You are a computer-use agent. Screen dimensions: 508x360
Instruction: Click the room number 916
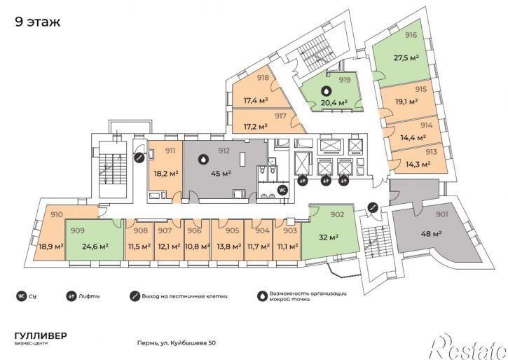click(411, 35)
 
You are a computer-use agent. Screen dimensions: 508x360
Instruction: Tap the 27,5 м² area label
click(406, 58)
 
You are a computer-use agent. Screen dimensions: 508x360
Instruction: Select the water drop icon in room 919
click(327, 92)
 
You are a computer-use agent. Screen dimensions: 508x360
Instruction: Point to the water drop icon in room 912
click(203, 159)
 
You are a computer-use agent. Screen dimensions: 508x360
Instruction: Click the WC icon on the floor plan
click(283, 190)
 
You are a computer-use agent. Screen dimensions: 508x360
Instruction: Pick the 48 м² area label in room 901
click(432, 233)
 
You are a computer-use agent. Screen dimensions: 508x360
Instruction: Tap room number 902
click(337, 214)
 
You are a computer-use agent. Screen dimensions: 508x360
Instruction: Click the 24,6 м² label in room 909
click(95, 247)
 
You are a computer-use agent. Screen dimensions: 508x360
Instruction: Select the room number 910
click(57, 214)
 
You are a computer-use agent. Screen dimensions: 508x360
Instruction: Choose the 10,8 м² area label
click(198, 247)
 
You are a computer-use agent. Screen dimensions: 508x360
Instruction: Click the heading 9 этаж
click(38, 22)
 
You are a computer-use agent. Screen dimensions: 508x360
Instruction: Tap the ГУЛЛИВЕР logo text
click(41, 335)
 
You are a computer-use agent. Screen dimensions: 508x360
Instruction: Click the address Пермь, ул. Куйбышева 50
click(177, 343)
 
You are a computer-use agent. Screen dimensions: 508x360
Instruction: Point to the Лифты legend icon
click(70, 296)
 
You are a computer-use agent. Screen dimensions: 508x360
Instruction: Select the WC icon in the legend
click(21, 296)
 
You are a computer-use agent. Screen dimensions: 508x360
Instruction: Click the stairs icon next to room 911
click(139, 158)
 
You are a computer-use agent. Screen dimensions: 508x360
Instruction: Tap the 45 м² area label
click(221, 174)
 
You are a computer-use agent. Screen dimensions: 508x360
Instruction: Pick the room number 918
click(263, 78)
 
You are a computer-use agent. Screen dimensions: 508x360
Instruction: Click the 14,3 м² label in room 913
click(418, 164)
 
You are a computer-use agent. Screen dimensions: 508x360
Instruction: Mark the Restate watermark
click(469, 347)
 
